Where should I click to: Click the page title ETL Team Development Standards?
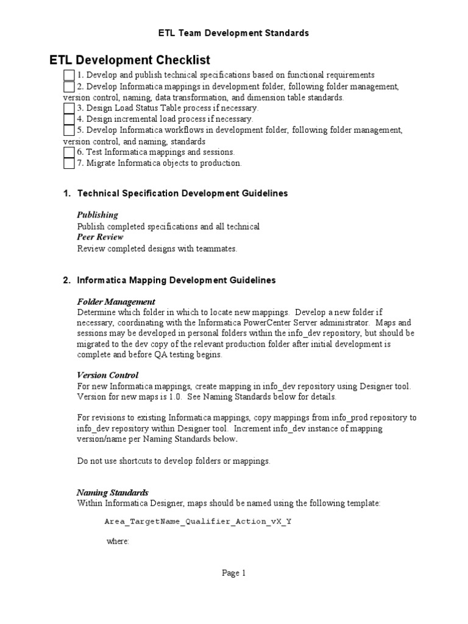click(234, 33)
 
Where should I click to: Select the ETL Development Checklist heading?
click(129, 60)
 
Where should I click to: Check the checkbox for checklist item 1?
click(69, 75)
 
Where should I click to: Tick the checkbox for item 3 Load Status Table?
click(69, 108)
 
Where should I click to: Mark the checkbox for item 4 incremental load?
click(69, 119)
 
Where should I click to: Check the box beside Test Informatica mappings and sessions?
click(69, 152)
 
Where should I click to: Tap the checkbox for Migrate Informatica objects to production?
click(69, 163)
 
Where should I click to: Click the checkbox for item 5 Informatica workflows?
click(69, 130)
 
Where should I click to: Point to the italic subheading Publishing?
click(97, 215)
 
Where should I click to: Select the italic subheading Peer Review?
click(100, 237)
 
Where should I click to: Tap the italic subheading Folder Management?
click(116, 302)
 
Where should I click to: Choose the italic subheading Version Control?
click(107, 375)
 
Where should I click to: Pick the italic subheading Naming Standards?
click(112, 492)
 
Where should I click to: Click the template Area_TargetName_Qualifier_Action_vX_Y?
click(198, 522)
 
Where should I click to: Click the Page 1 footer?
click(233, 573)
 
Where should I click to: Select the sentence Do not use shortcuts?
click(173, 461)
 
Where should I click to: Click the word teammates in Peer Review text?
click(218, 248)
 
